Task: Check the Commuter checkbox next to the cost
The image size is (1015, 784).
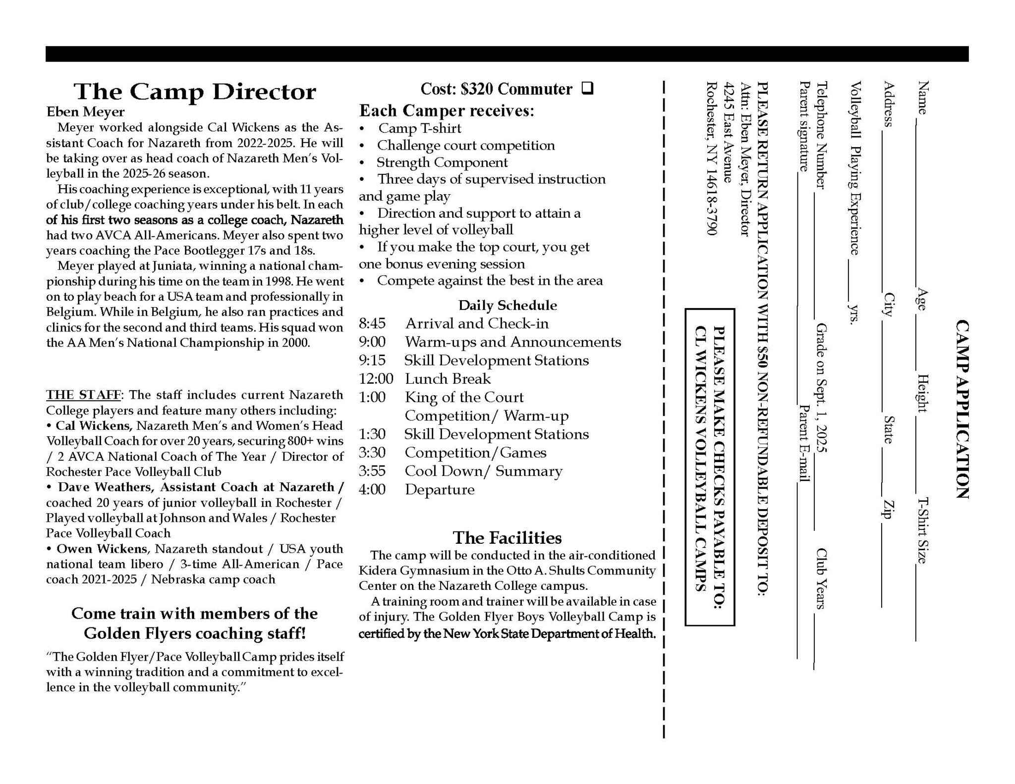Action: [x=587, y=89]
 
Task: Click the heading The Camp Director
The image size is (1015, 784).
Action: [x=195, y=92]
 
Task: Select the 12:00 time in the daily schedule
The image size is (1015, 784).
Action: [x=376, y=379]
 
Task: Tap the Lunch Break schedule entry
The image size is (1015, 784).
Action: [x=448, y=379]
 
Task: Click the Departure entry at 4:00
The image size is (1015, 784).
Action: [x=440, y=490]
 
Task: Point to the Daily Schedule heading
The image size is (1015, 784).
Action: [x=507, y=305]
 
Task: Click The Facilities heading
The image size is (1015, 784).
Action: [x=507, y=538]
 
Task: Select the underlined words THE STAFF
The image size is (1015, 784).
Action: [x=83, y=395]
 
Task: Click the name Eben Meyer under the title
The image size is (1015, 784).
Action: [x=85, y=112]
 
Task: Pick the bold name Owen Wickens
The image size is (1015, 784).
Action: [x=102, y=549]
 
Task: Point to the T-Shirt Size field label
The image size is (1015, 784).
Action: [x=922, y=530]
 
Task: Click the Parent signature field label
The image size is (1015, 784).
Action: [x=804, y=126]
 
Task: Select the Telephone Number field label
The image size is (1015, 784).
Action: [x=822, y=135]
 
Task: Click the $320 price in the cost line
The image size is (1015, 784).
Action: [x=477, y=89]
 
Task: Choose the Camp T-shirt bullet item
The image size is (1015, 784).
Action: [x=419, y=128]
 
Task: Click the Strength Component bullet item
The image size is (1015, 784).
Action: [x=442, y=162]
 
